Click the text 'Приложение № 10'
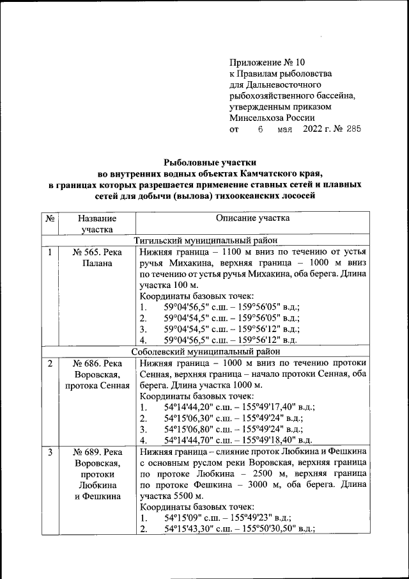268,63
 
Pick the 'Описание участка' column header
252,219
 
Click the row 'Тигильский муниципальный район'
205,241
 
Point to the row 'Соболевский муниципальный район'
205,351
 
